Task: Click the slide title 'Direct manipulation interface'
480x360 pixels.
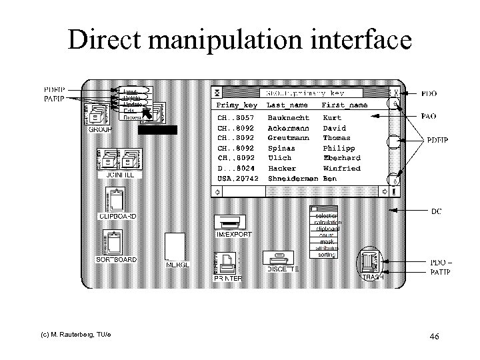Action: pos(240,41)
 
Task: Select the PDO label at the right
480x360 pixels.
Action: pos(431,94)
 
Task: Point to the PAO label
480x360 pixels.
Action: pos(431,116)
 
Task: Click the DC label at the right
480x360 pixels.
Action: pos(436,211)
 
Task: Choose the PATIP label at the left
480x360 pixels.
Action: pos(54,99)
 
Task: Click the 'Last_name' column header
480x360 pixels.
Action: pos(287,105)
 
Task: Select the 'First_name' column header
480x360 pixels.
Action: pos(344,105)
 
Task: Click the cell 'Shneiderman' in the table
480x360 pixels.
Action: pos(292,179)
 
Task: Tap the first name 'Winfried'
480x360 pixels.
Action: pos(341,169)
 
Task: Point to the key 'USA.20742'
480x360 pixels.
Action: pos(236,179)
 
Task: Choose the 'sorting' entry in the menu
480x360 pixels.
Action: pos(327,255)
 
